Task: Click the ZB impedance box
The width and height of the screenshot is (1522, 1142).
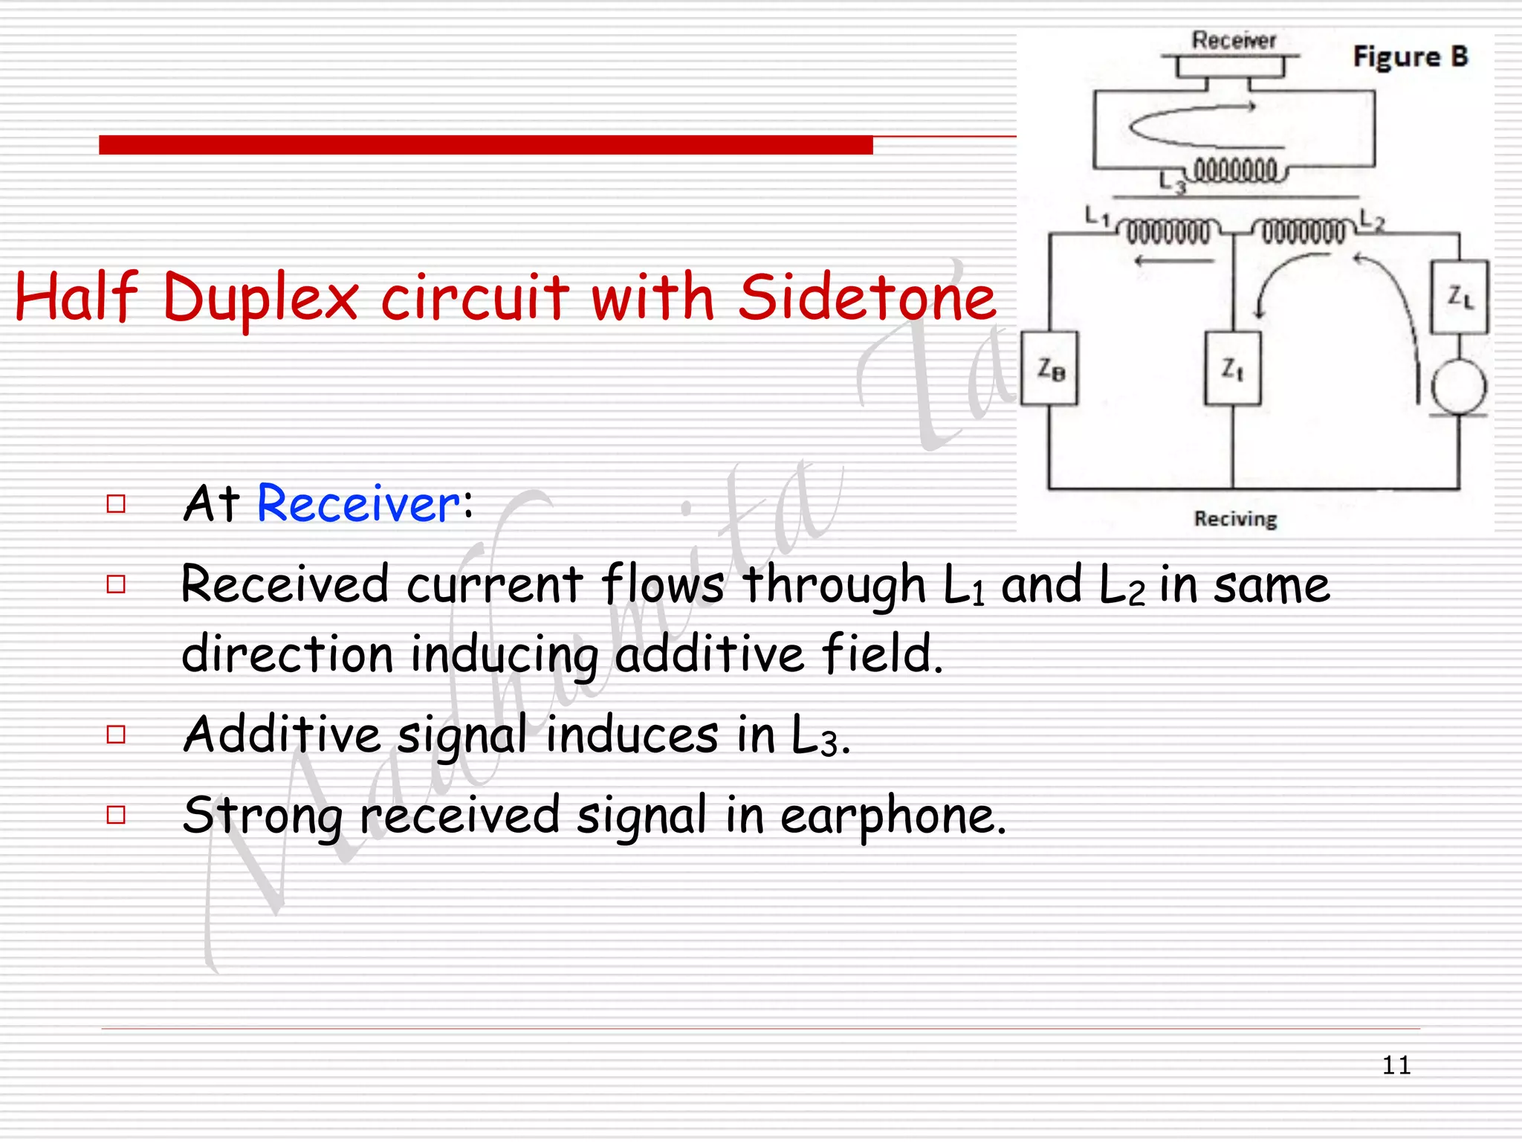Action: (x=1049, y=368)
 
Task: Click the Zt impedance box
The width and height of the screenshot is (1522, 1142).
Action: (x=1232, y=368)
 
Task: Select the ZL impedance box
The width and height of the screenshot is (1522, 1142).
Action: (x=1460, y=297)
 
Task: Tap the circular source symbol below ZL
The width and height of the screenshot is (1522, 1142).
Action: (x=1459, y=387)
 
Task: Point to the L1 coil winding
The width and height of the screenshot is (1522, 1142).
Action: (x=1168, y=231)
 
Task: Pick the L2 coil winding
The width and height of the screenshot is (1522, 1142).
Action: (x=1303, y=231)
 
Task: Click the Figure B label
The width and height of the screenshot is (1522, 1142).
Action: (x=1410, y=57)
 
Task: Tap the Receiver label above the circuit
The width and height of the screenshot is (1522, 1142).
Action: (x=1234, y=40)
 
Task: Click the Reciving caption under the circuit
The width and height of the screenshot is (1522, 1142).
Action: (x=1235, y=518)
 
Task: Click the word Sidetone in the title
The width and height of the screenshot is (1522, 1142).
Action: (x=867, y=297)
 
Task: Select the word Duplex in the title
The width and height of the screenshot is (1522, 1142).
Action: (x=261, y=299)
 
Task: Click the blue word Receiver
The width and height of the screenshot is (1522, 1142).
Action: (x=358, y=504)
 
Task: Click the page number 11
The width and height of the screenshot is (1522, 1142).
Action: (x=1396, y=1065)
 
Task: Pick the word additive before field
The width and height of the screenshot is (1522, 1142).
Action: (x=709, y=654)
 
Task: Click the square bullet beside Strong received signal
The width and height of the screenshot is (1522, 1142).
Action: (x=116, y=815)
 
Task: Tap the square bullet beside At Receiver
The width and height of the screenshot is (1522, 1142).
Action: (x=116, y=504)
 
